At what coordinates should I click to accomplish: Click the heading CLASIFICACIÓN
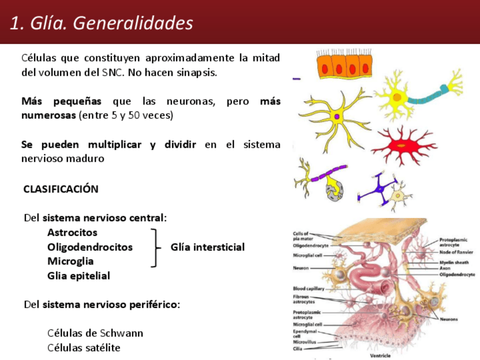[61, 189]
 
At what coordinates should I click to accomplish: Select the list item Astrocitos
[72, 233]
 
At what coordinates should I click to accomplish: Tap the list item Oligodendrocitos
[90, 247]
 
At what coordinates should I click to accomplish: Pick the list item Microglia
[71, 262]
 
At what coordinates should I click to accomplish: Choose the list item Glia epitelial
[79, 276]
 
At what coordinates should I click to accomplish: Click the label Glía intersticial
[208, 247]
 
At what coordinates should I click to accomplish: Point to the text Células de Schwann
[95, 333]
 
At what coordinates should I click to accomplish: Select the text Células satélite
[84, 348]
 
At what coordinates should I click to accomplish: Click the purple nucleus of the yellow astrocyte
[337, 117]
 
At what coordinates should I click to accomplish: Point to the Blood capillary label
[308, 288]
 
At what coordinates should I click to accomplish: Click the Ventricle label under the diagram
[380, 356]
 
